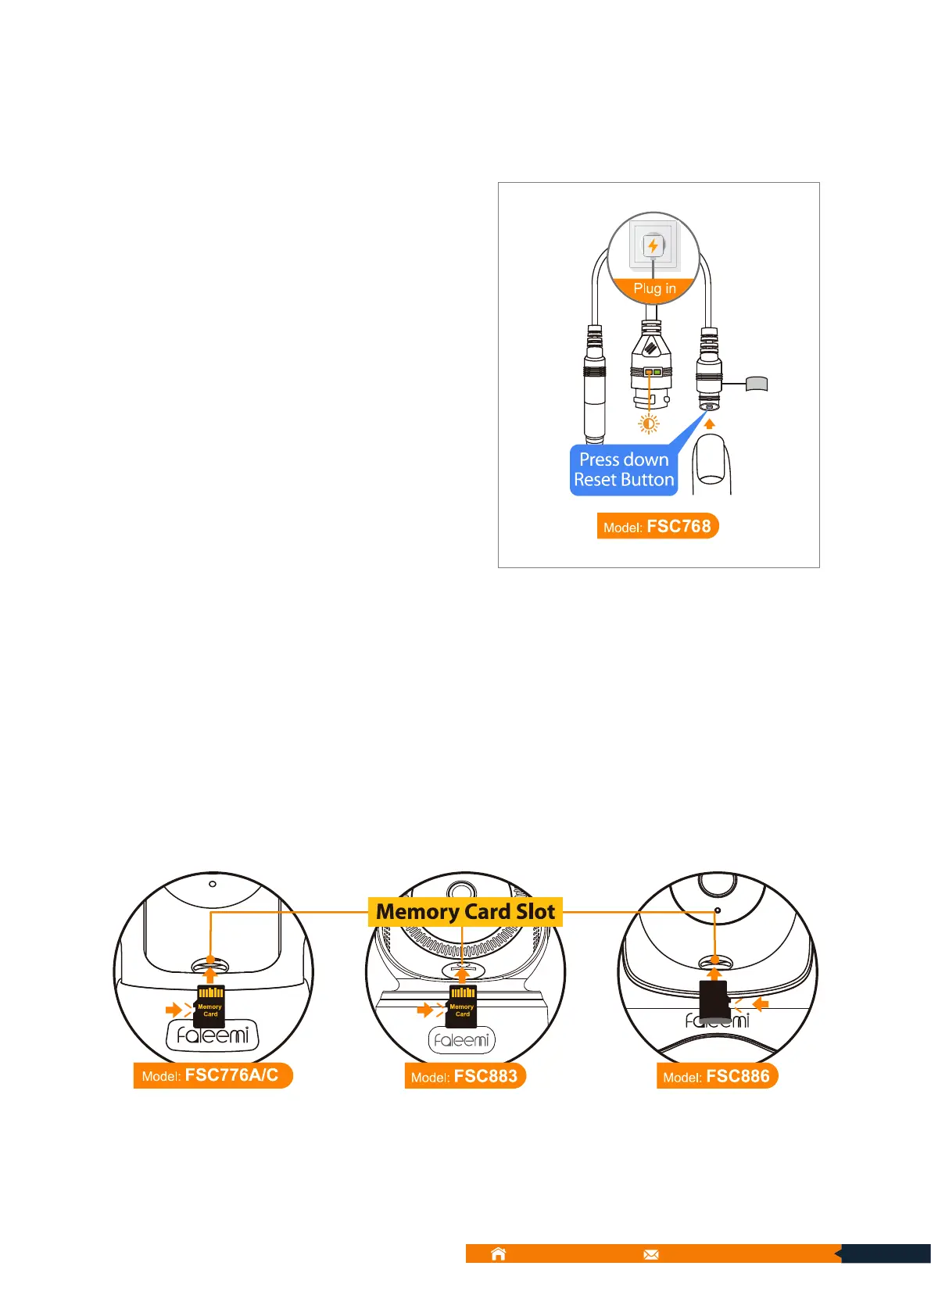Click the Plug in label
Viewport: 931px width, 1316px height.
pos(654,288)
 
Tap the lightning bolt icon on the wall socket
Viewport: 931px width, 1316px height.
pos(653,246)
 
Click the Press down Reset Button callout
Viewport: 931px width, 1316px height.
pos(624,470)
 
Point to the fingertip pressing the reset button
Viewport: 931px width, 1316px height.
pos(711,462)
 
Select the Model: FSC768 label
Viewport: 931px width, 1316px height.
pos(657,526)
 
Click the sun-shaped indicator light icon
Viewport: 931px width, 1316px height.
pos(648,424)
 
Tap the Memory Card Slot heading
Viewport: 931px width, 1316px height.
pos(465,912)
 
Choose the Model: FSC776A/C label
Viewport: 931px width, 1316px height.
pos(212,1075)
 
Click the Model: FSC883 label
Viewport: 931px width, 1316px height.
pos(464,1076)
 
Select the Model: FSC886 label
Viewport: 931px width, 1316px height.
pos(717,1076)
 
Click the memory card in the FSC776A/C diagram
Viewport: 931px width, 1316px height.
pos(210,1007)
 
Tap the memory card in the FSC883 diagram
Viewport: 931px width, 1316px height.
pos(463,1007)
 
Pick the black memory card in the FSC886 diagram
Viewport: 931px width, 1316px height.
pos(714,1001)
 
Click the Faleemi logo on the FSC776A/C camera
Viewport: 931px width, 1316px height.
pos(213,1036)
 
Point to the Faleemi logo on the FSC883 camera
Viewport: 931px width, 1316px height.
pos(462,1040)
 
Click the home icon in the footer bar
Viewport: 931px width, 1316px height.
pos(498,1253)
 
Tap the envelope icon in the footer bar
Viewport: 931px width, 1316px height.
pos(651,1254)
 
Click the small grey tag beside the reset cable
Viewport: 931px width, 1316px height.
pos(757,383)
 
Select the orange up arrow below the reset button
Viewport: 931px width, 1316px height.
pos(710,424)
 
